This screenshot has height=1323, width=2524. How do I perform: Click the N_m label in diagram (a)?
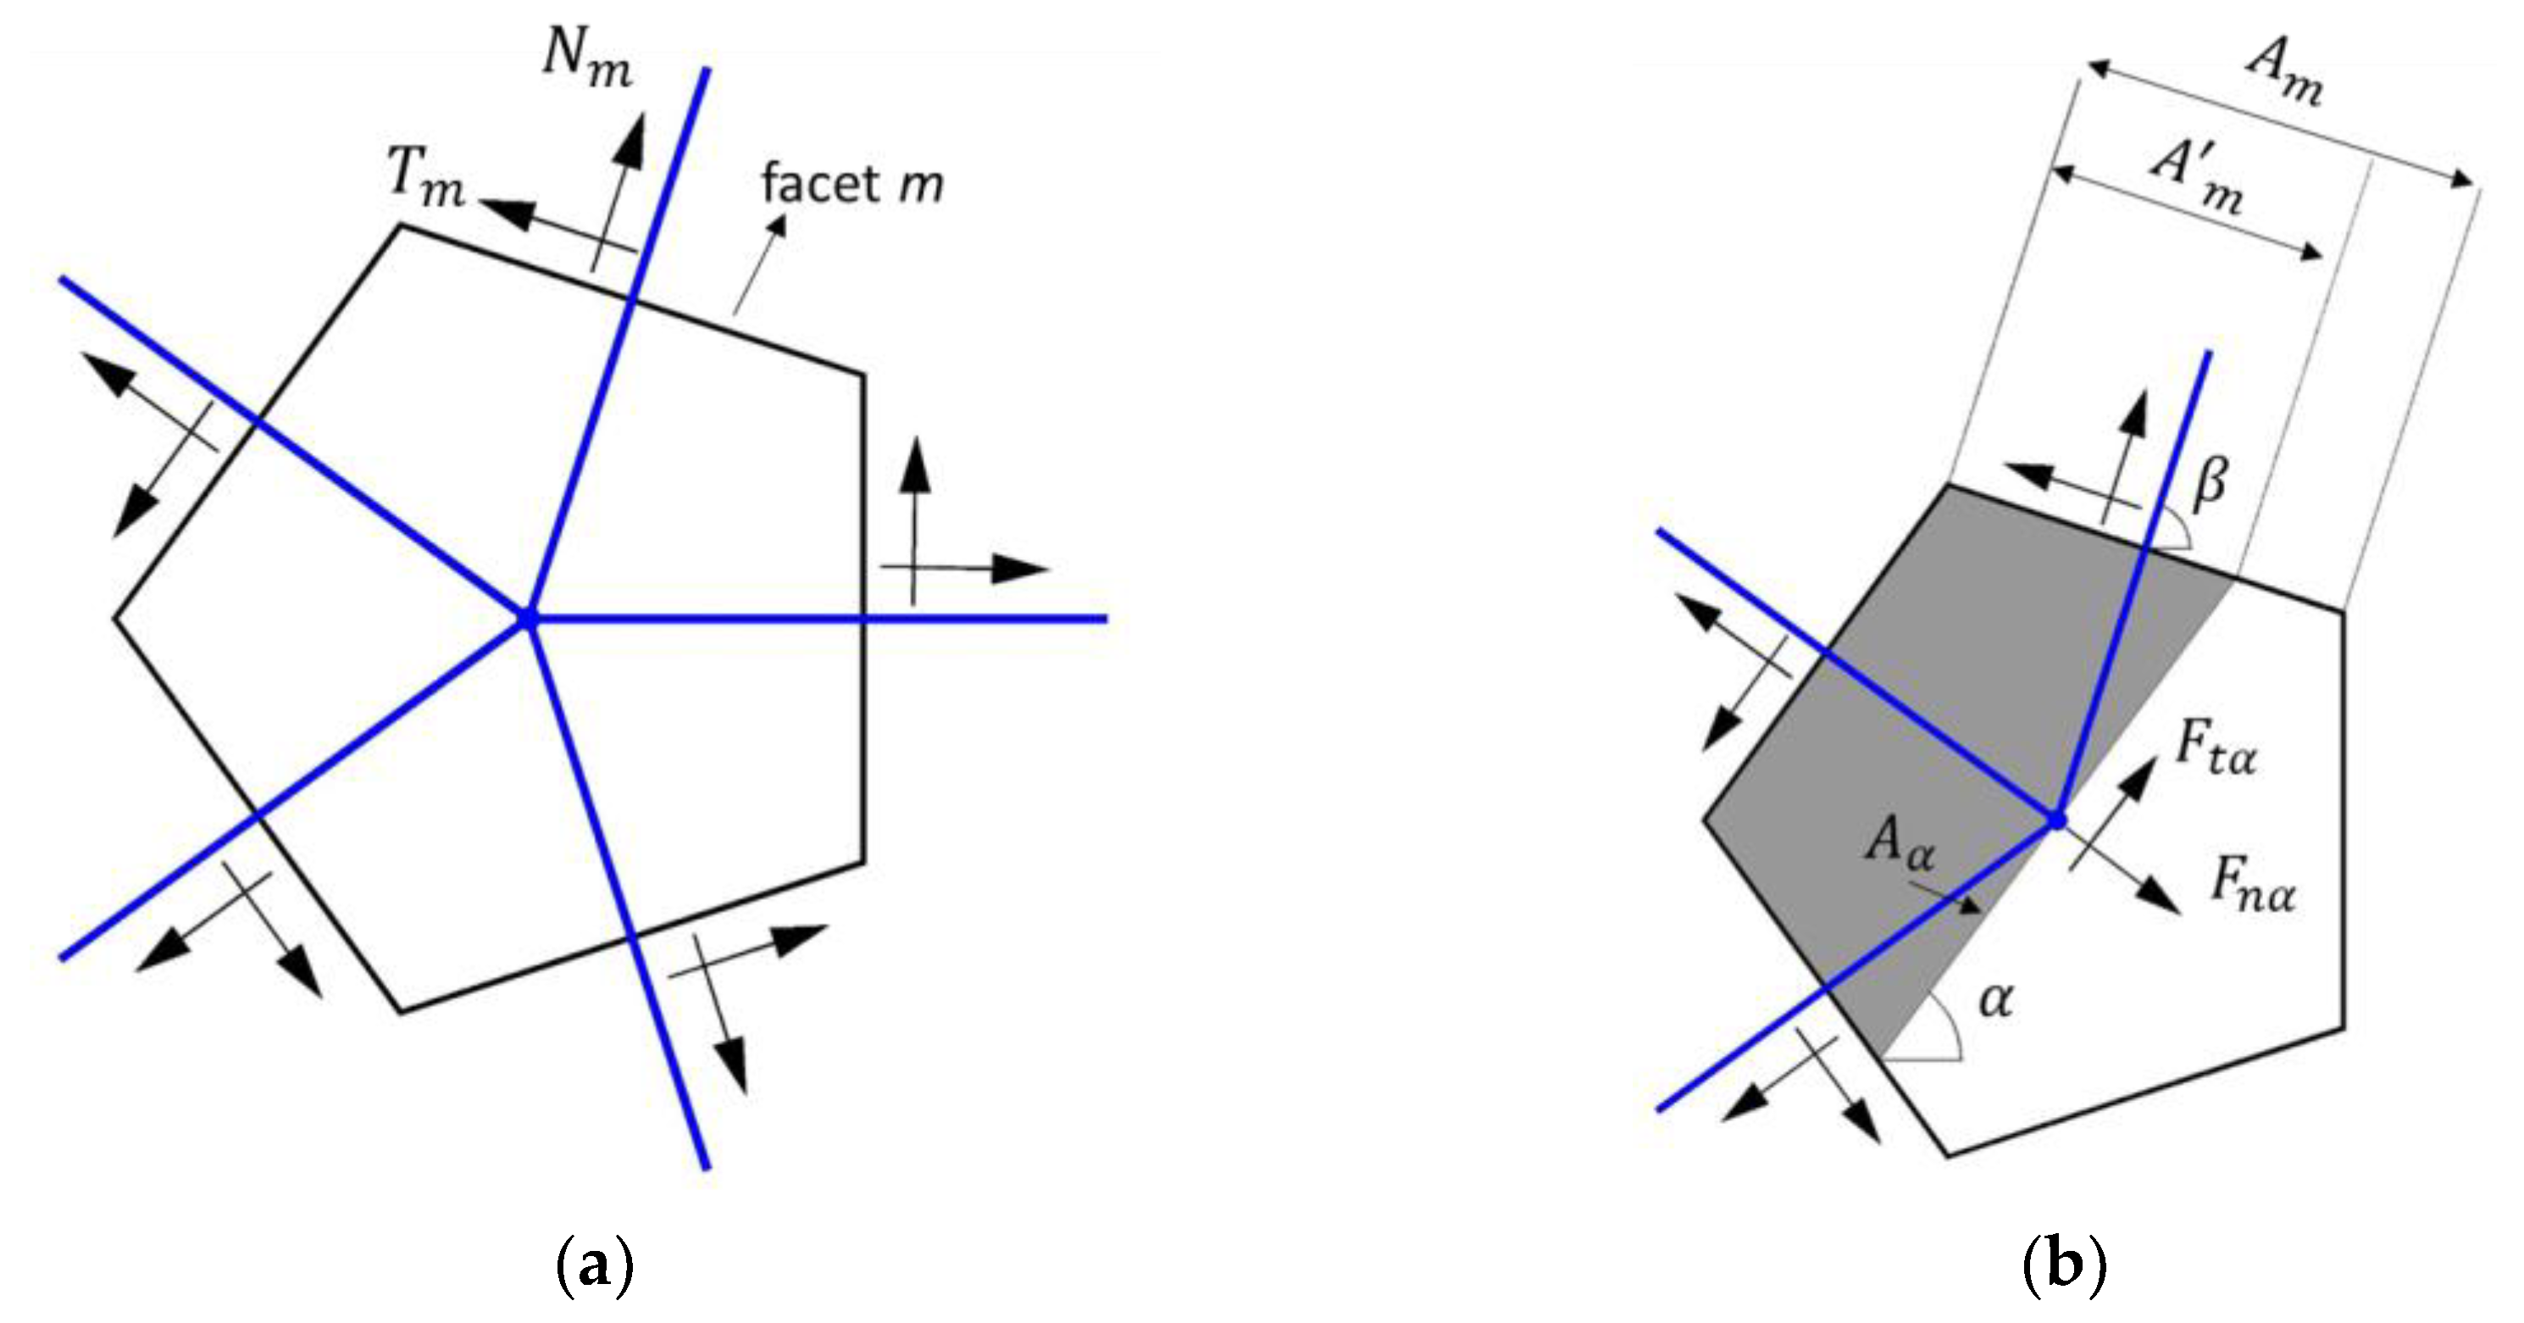[x=587, y=61]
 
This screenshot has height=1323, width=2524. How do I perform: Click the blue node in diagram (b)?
[x=2056, y=820]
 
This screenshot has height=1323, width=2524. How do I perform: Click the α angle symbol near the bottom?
[x=1996, y=1001]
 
